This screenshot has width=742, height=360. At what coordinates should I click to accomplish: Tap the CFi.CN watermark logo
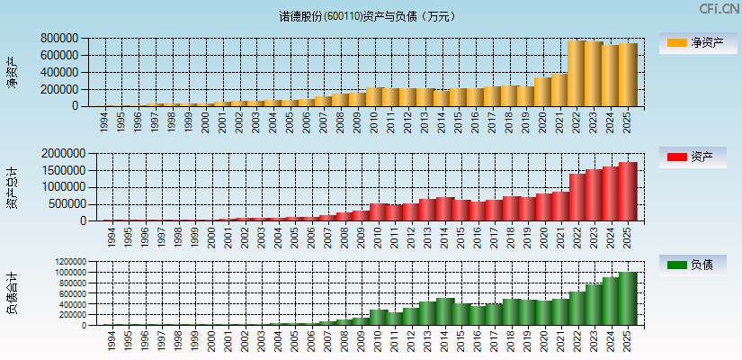pyautogui.click(x=718, y=9)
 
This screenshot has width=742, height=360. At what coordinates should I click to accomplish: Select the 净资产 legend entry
pyautogui.click(x=695, y=42)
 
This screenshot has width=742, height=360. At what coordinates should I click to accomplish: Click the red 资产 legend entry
pyautogui.click(x=695, y=157)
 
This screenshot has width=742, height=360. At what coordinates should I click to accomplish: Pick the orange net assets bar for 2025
pyautogui.click(x=627, y=75)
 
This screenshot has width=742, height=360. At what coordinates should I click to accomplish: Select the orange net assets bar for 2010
pyautogui.click(x=375, y=96)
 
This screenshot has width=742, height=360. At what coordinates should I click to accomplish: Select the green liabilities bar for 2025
pyautogui.click(x=627, y=299)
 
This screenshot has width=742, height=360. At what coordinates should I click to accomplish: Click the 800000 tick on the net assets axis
pyautogui.click(x=58, y=39)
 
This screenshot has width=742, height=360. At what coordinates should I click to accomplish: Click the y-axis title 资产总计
pyautogui.click(x=12, y=186)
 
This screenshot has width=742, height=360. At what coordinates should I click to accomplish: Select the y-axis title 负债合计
pyautogui.click(x=12, y=292)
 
